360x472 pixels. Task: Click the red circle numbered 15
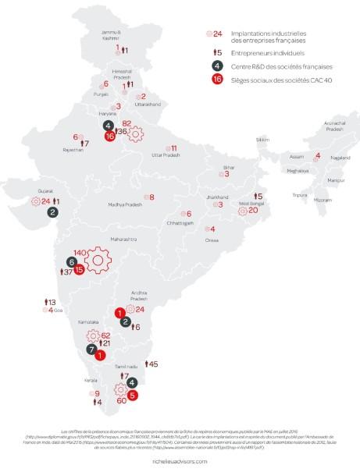(79, 270)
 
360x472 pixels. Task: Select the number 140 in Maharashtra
(78, 252)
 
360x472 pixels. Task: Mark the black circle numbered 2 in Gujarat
(52, 211)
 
